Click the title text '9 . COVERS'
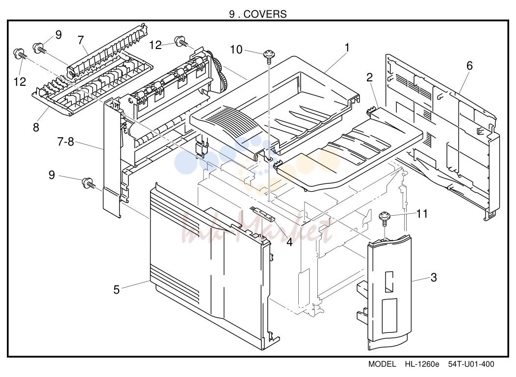258,14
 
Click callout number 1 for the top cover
347,48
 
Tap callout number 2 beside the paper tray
369,77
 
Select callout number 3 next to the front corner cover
434,277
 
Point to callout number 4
289,242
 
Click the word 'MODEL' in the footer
382,364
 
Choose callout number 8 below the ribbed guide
36,127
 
